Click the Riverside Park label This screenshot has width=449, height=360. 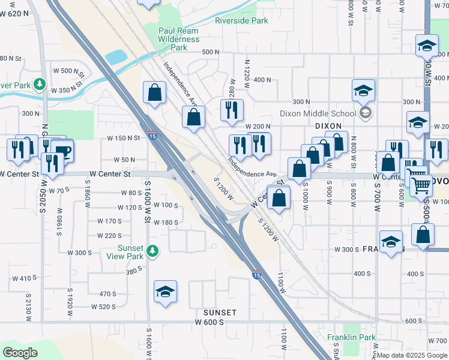(x=241, y=20)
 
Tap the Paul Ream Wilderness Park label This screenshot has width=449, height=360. (x=178, y=39)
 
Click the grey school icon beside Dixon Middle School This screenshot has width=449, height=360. (x=365, y=113)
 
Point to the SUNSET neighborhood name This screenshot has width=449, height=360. (x=220, y=313)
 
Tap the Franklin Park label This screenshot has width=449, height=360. (x=352, y=338)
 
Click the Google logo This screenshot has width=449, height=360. (x=20, y=353)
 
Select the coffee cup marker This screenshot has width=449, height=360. (x=62, y=150)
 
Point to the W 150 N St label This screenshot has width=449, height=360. (x=123, y=138)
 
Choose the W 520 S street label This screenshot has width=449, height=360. (x=103, y=307)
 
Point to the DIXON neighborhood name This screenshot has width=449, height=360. (x=328, y=125)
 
